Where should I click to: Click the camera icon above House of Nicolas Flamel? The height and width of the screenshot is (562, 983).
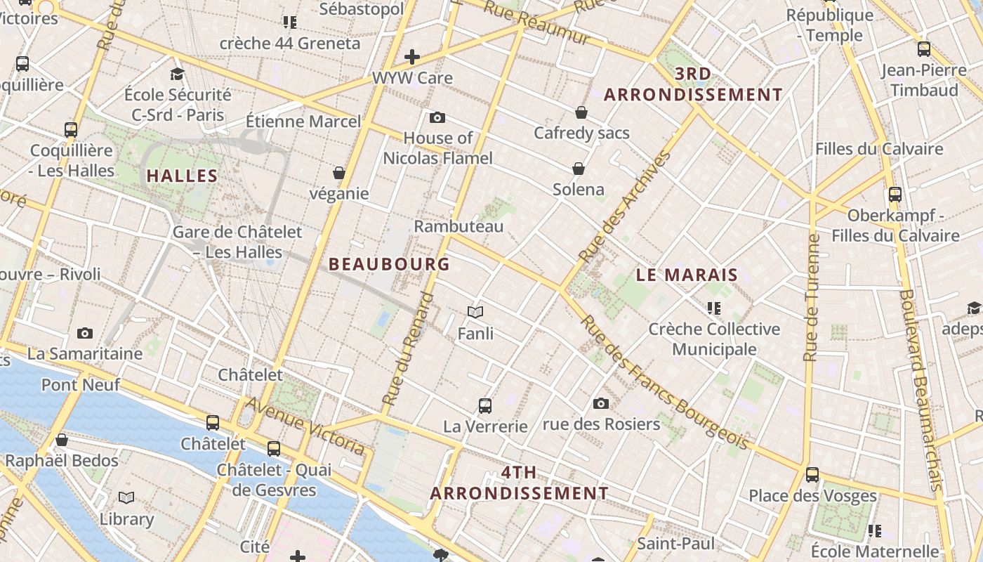click(437, 117)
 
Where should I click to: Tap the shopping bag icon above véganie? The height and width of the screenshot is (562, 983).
click(339, 173)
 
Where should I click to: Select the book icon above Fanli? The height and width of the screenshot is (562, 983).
click(475, 312)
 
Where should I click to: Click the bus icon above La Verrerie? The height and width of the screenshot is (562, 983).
click(485, 405)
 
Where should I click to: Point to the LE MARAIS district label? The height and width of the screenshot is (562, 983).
click(687, 275)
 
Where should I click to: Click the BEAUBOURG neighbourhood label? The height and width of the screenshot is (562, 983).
click(389, 264)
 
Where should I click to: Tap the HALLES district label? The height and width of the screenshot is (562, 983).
click(182, 176)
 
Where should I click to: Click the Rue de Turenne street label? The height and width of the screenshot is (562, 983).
click(813, 298)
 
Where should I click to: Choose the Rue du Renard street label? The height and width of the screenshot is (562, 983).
click(409, 349)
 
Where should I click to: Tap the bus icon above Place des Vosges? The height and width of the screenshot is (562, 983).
click(812, 474)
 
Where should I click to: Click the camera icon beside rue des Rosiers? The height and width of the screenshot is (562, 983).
click(600, 403)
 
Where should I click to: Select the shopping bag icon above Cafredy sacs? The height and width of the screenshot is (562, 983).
click(581, 112)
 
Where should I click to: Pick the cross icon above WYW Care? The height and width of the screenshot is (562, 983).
click(412, 57)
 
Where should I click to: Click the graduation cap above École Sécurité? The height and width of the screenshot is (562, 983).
click(178, 74)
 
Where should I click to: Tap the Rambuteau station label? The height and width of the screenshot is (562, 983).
click(458, 226)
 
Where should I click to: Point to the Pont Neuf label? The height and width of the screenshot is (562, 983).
click(81, 384)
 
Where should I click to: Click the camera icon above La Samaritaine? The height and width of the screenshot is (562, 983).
click(85, 333)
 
